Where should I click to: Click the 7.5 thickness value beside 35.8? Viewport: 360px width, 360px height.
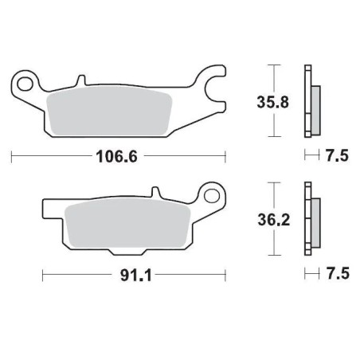tap(338, 157)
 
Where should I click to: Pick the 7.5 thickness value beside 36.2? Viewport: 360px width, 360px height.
tap(338, 275)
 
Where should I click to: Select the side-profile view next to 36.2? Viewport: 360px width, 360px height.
tap(310, 219)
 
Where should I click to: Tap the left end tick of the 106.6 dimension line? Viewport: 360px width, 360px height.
tap(12, 157)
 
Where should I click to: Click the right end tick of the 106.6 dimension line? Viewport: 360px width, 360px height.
tap(225, 157)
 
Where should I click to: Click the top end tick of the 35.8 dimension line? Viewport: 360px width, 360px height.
tap(273, 64)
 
